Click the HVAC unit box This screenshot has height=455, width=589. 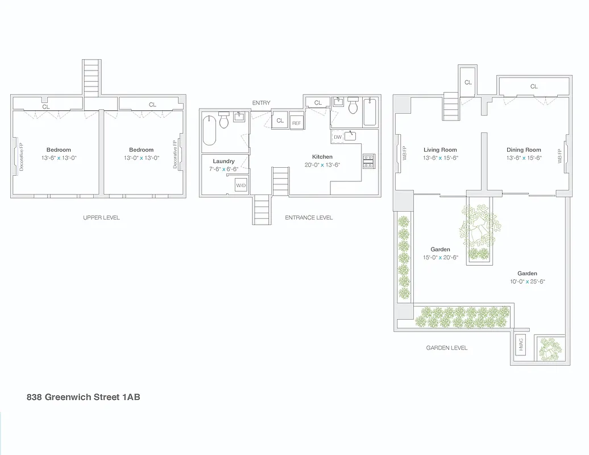tap(521, 346)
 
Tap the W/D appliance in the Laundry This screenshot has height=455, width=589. tap(240, 185)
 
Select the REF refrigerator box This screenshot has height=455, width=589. tap(296, 123)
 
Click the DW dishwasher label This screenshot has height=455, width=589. tap(338, 137)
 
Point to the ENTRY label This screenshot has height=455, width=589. tap(262, 103)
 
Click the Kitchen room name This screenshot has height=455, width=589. tap(322, 157)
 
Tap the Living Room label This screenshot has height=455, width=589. tap(440, 150)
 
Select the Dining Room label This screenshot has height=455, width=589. tap(524, 150)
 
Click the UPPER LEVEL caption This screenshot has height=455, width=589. tap(101, 218)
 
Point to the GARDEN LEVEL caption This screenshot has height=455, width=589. tap(447, 348)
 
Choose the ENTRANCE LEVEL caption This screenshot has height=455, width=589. tap(309, 218)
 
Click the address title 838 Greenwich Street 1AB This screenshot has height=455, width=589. tap(84, 397)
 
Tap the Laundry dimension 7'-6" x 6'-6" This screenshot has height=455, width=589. tap(224, 169)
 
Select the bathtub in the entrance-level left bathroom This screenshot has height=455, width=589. tap(210, 131)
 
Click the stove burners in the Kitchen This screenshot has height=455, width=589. tap(368, 162)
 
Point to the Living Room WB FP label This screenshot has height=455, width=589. tap(404, 153)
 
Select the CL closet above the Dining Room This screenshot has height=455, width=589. tap(534, 86)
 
